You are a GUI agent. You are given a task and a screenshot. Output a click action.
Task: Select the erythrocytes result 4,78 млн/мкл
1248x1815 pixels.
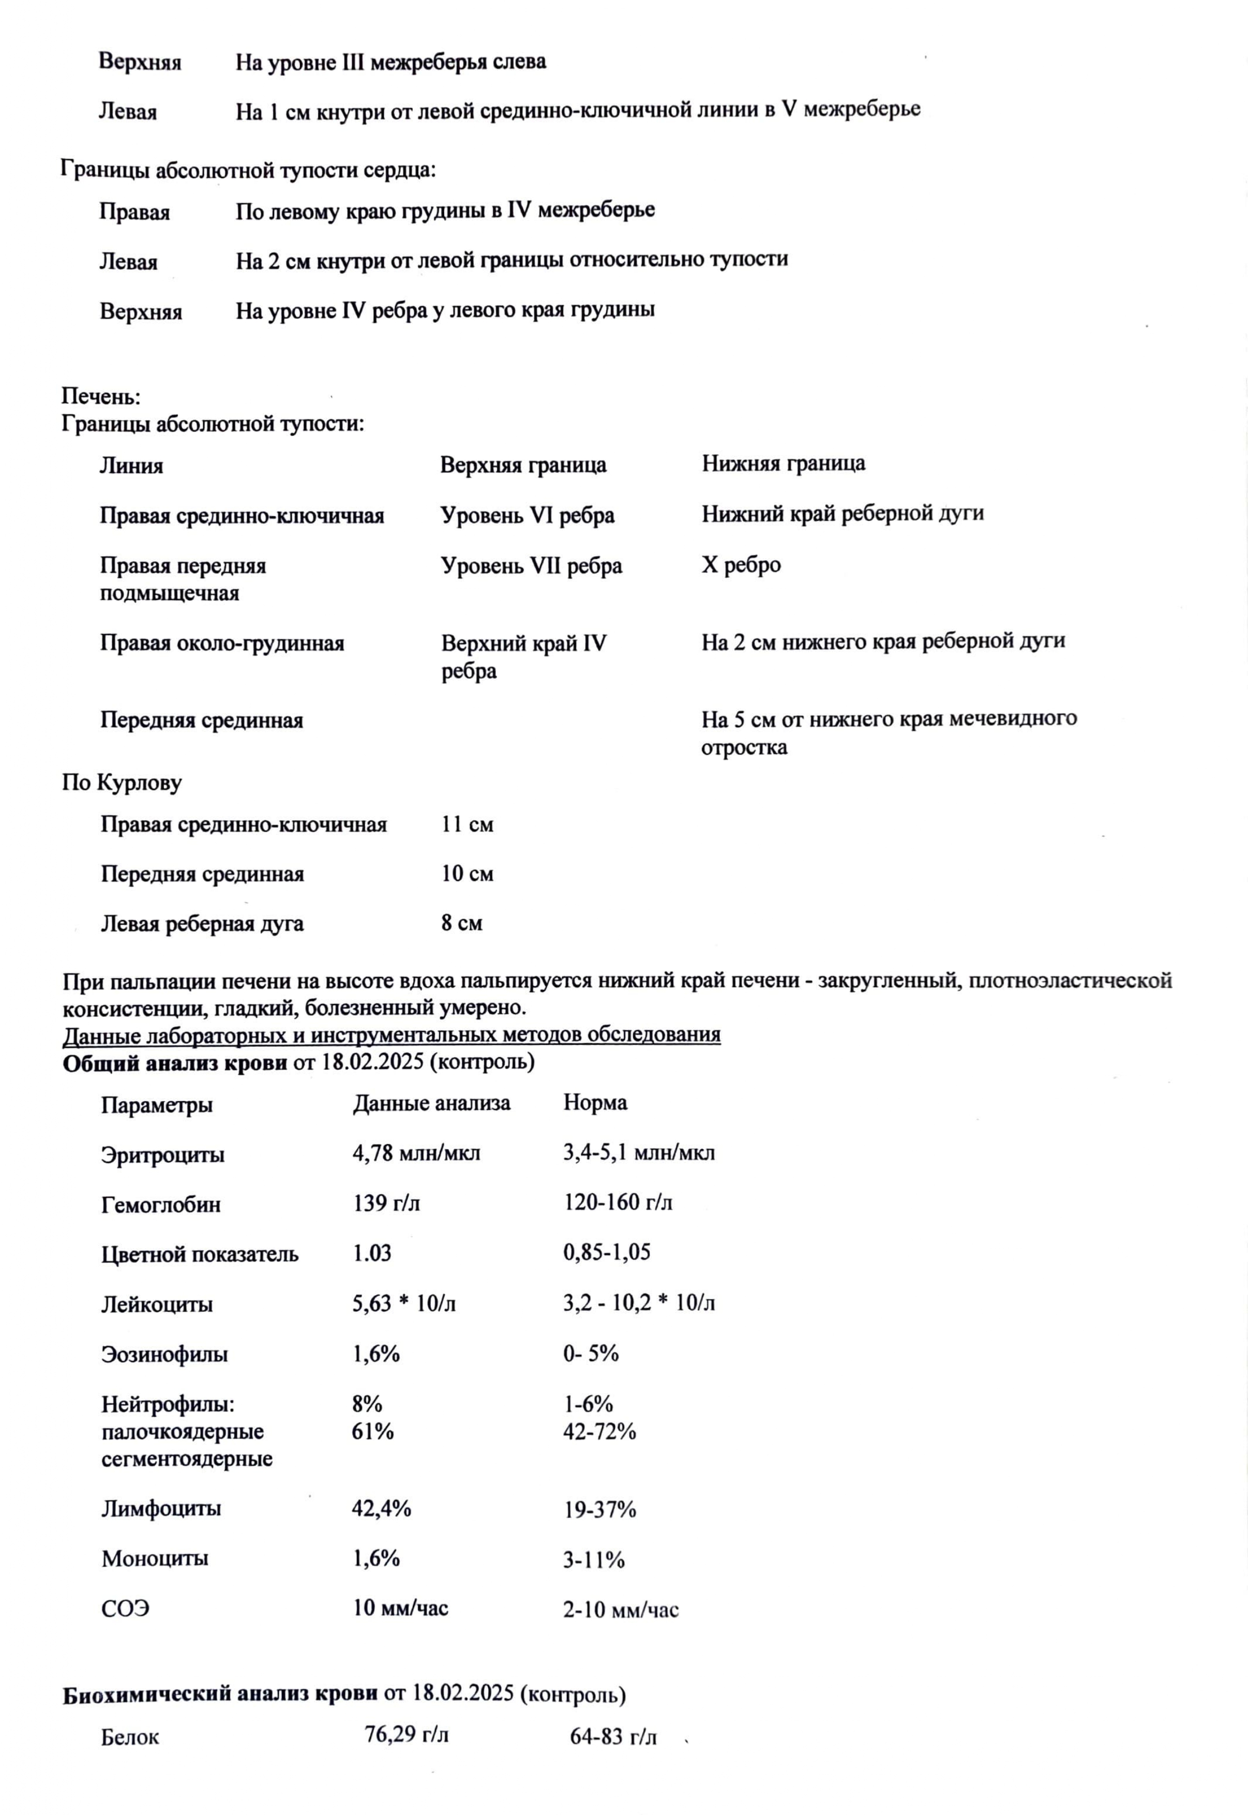click(x=416, y=1152)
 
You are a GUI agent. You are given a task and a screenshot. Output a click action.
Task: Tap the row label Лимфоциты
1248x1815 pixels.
click(x=161, y=1508)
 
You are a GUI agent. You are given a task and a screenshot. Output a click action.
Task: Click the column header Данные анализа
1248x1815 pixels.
click(x=431, y=1103)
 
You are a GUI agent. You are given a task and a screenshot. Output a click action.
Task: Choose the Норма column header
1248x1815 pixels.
click(x=595, y=1103)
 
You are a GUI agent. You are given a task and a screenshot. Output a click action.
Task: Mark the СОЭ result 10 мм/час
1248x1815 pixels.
click(x=400, y=1608)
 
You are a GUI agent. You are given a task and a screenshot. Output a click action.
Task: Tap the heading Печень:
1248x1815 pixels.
click(x=101, y=397)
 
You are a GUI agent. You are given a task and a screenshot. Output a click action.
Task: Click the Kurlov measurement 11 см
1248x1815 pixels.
click(x=467, y=824)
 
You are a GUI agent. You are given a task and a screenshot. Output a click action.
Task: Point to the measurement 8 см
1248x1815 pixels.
click(x=461, y=923)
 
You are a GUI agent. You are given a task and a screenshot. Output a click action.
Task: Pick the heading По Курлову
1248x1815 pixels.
click(x=122, y=783)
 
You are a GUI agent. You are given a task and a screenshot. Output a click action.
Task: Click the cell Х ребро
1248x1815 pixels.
click(x=741, y=565)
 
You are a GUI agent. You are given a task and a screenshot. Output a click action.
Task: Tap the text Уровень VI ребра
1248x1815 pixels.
click(x=527, y=515)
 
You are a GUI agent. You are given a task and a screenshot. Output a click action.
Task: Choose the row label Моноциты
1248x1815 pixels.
click(x=155, y=1558)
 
